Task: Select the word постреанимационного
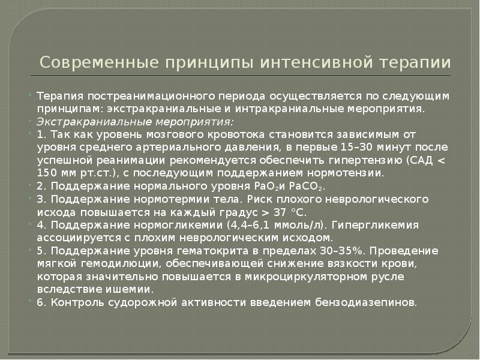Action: click(x=146, y=97)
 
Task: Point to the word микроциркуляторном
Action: click(x=286, y=277)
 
